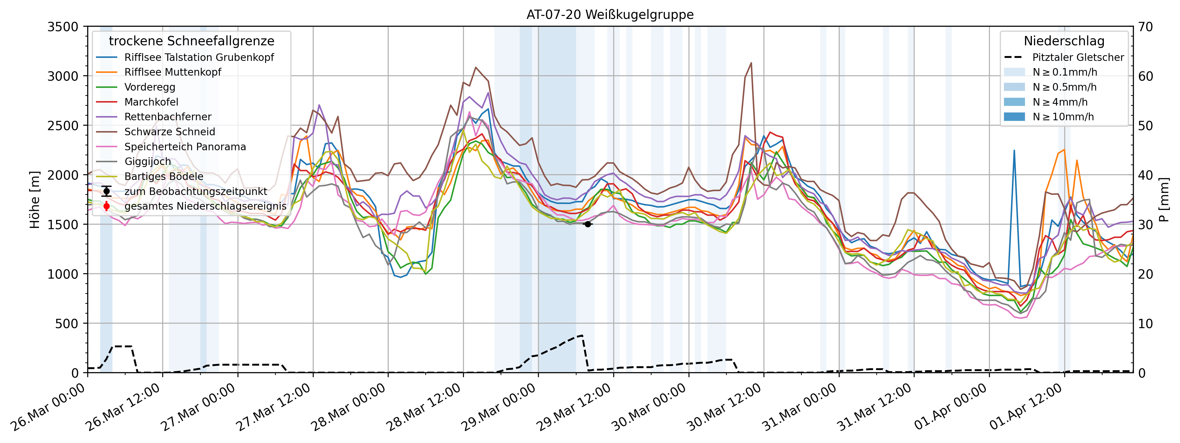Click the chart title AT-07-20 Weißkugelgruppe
[610, 15]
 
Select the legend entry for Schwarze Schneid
[169, 132]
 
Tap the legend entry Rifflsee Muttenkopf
[173, 72]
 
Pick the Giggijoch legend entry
[148, 162]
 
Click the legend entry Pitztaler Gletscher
[1077, 58]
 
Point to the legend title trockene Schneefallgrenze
[192, 41]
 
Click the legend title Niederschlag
[1064, 41]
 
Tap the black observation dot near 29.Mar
[588, 224]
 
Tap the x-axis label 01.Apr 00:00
[951, 408]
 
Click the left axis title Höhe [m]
[35, 200]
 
